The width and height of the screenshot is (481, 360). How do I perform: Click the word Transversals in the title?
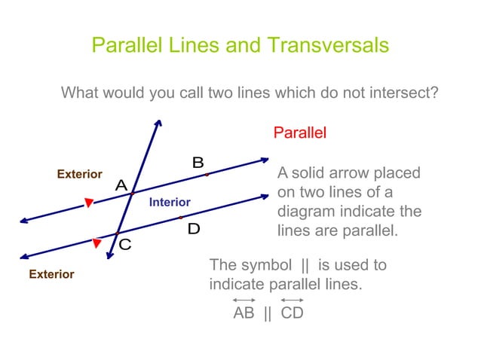coord(327,45)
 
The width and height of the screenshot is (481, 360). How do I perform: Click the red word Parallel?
coord(299,133)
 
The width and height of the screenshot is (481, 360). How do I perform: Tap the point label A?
coord(121,185)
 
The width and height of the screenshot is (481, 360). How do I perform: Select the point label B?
coord(198,162)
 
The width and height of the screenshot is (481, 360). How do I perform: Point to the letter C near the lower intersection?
coord(124,245)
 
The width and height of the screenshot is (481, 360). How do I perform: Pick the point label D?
coord(194,229)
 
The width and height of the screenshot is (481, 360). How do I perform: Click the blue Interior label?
coord(170,203)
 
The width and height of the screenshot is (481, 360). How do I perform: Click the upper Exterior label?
coord(80,174)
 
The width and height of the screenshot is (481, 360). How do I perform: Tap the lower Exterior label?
coord(51,274)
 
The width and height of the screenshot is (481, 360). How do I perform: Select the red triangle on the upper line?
coord(89,203)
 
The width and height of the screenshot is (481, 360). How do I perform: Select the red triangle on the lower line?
coord(97,243)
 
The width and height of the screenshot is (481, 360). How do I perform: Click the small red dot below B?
coord(207,175)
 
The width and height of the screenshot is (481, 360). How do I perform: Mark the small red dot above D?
coord(181,217)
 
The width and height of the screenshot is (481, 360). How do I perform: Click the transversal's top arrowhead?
coord(158,122)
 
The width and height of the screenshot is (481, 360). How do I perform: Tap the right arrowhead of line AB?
coord(265,159)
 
